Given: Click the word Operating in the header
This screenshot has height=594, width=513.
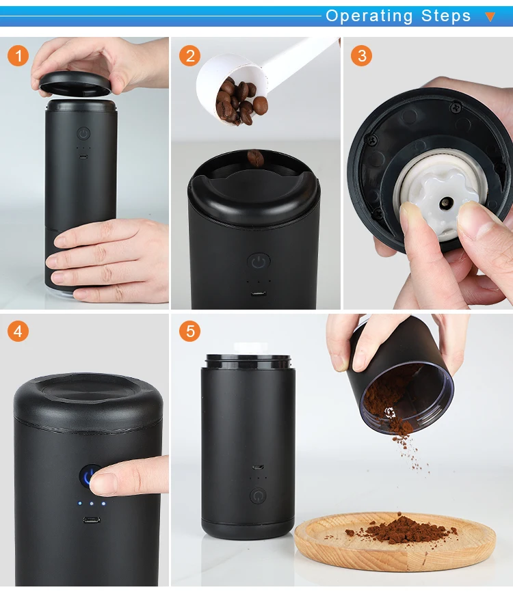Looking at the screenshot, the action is click(369, 16).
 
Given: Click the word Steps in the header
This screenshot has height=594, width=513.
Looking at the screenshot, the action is click(446, 16).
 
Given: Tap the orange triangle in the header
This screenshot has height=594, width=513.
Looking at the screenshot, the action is click(490, 16).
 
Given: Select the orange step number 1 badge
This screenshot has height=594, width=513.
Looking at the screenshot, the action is click(18, 55).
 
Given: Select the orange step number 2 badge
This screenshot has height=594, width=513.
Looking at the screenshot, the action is click(190, 55).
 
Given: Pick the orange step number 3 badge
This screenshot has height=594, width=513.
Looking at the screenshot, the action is click(361, 55).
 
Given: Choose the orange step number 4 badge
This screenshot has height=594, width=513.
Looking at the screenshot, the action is click(18, 331).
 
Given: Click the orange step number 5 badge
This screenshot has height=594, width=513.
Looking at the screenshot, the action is click(190, 331).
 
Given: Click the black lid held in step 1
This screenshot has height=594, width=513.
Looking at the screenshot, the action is click(75, 83).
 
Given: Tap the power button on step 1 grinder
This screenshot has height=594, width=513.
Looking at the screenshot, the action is click(84, 133).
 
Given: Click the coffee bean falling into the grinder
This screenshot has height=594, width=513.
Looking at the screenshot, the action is click(256, 158).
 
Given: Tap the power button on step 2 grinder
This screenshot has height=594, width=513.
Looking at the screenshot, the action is click(259, 262).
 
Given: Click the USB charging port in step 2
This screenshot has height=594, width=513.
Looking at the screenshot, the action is click(258, 294).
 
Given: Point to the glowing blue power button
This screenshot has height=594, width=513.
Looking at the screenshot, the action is click(89, 476).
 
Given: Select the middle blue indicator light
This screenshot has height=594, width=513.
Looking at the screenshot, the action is click(92, 504).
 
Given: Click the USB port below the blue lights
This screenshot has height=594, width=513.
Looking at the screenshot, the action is click(92, 519).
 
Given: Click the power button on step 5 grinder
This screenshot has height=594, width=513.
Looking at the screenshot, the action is click(258, 496).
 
